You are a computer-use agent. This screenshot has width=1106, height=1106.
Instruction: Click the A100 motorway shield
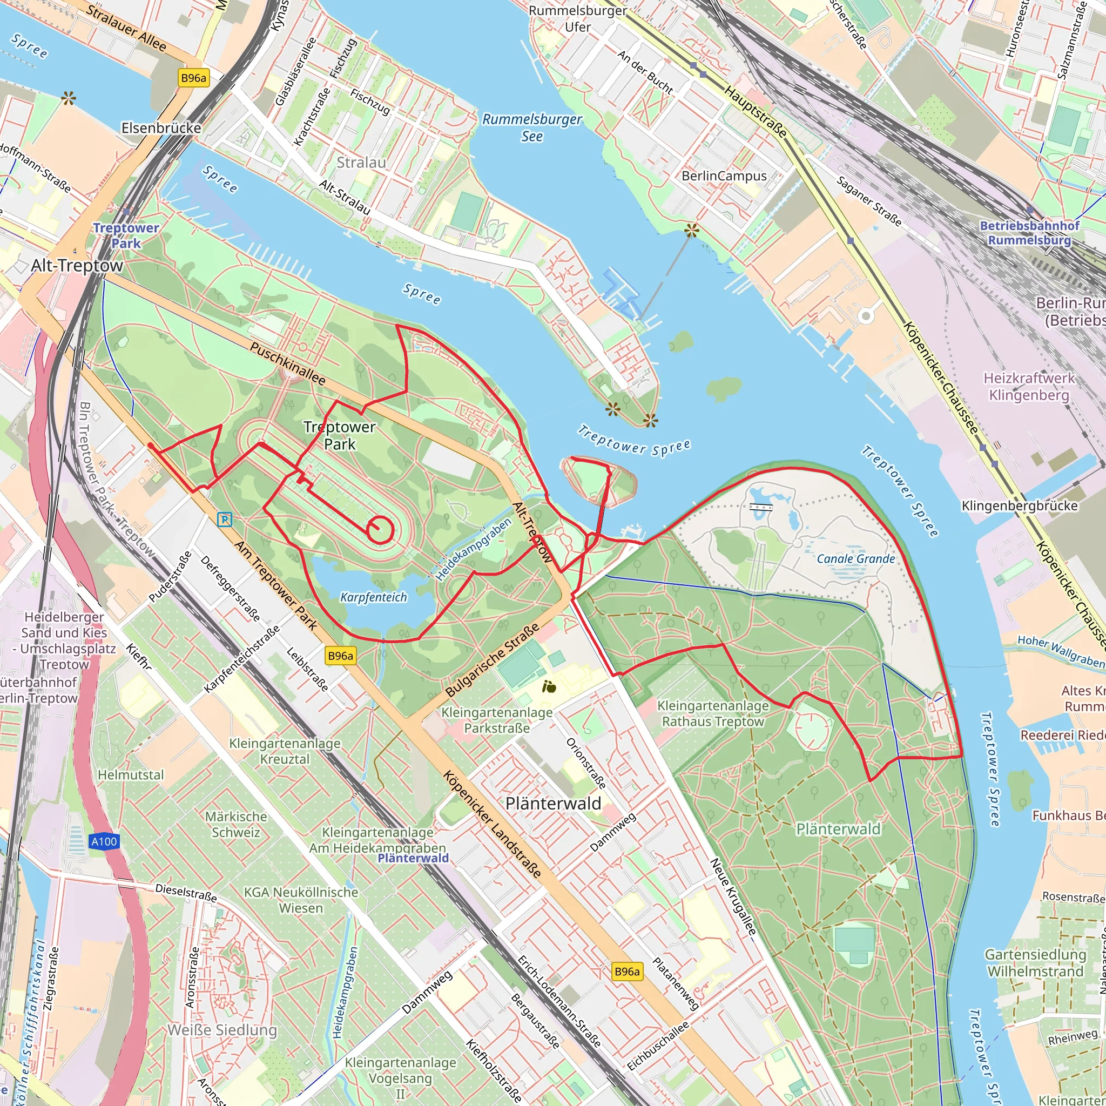click(x=104, y=841)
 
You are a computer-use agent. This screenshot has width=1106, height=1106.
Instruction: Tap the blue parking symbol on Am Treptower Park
click(x=225, y=519)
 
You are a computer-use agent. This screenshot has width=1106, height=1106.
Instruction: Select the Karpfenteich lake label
click(x=373, y=597)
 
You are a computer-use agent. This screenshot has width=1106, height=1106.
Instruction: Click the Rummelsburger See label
click(x=532, y=127)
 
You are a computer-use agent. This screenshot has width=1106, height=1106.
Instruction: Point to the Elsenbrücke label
click(x=161, y=127)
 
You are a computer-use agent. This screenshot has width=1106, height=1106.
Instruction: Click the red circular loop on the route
click(x=380, y=530)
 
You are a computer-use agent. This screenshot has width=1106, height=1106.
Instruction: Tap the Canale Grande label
click(x=855, y=559)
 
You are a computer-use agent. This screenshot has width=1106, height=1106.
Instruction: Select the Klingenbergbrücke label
click(x=1020, y=505)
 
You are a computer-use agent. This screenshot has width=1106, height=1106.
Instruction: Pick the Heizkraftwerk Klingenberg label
click(x=1029, y=387)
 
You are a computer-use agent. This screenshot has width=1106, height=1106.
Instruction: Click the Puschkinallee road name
click(x=287, y=363)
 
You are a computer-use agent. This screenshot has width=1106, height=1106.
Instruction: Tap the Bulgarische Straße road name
click(x=492, y=660)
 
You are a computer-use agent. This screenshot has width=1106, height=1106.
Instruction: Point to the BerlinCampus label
click(x=724, y=176)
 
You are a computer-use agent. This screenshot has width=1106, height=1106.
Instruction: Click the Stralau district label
click(x=361, y=163)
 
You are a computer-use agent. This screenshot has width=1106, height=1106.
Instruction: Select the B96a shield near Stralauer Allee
click(x=193, y=78)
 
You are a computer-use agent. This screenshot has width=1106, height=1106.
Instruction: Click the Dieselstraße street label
click(x=186, y=893)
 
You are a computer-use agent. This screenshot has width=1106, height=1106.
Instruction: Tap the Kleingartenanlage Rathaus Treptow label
click(x=713, y=713)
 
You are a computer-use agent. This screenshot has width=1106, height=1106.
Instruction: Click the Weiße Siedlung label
click(x=222, y=1030)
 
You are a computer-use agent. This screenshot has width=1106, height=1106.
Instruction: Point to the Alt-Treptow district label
click(x=77, y=266)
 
